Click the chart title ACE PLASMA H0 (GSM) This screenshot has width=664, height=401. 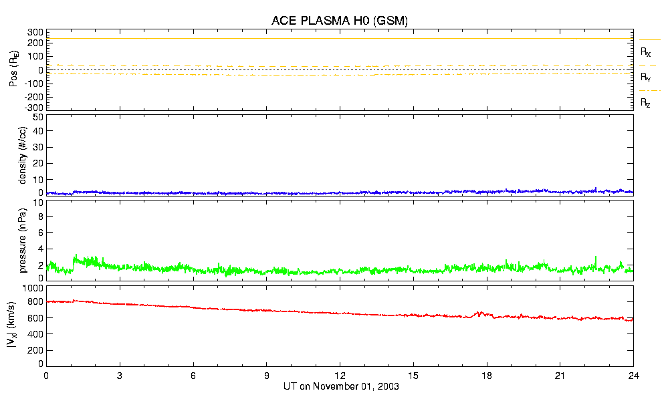[340, 21]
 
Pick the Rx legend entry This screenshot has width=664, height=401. [646, 51]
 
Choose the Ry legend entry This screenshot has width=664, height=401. [646, 78]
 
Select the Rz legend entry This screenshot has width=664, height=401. [646, 103]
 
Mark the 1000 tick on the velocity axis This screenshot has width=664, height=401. [33, 288]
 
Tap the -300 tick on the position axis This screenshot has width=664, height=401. [34, 107]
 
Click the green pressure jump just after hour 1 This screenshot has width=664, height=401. [76, 257]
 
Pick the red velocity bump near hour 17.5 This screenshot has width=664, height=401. [478, 313]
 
